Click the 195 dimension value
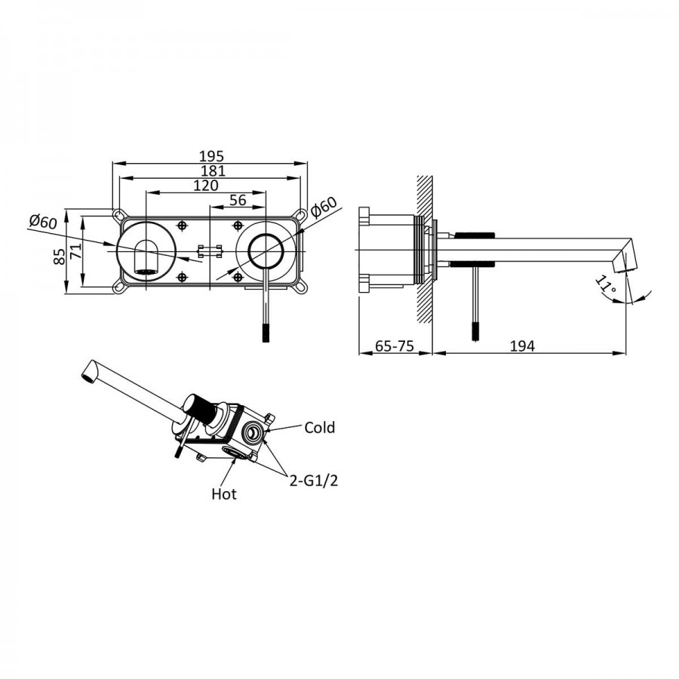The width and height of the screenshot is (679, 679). point(211,156)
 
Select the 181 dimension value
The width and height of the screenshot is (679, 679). point(211,171)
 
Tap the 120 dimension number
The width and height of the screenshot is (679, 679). point(205,186)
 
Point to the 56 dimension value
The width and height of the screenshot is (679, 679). point(238,200)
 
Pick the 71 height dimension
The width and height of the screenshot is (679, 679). point(75,252)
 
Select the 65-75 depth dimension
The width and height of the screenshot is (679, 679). point(394,346)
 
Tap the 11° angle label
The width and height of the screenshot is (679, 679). point(605,285)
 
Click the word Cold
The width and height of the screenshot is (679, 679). point(319,428)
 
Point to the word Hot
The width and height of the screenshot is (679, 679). point(224,494)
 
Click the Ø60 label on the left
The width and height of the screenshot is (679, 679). point(43,222)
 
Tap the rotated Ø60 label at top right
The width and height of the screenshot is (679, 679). point(323,208)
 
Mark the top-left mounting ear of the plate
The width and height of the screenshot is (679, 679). point(118,216)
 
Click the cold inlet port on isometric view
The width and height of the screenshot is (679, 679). point(254,432)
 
